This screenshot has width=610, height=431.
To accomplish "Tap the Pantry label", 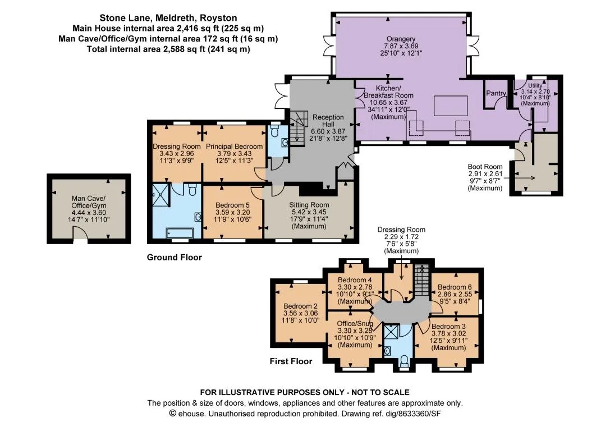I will (496, 93).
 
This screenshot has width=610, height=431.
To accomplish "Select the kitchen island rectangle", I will (451, 106).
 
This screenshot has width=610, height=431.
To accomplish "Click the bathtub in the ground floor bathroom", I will (180, 233).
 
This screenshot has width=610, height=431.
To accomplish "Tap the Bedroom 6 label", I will (456, 287).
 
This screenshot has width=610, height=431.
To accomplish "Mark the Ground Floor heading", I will (174, 258).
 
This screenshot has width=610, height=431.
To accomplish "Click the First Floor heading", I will (291, 361).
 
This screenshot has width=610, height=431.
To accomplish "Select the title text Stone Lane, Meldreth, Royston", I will (168, 18).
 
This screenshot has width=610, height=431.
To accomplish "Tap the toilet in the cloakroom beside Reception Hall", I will (275, 130).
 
